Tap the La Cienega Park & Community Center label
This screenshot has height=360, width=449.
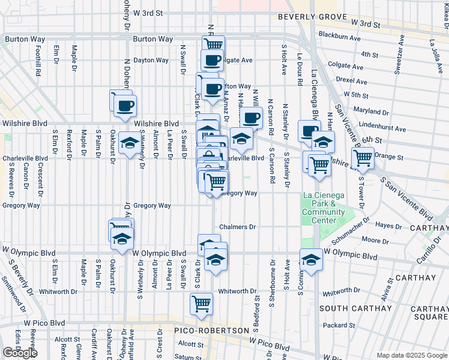point(324,208)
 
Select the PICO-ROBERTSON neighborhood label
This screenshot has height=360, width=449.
point(211,331)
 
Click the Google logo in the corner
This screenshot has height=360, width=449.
point(19,353)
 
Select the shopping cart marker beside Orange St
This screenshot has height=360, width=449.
point(363,158)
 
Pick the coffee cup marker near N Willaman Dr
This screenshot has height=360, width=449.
point(252,118)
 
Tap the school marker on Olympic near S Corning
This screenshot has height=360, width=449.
point(311,260)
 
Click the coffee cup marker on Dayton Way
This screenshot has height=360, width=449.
point(212,61)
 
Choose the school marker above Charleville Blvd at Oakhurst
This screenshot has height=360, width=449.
point(128,143)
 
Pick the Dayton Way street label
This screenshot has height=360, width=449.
point(151,60)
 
